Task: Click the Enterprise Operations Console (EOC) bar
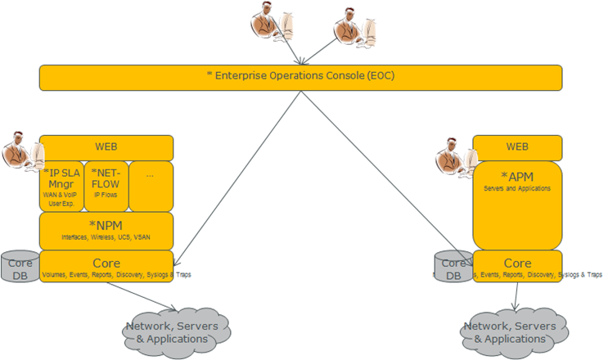tap(300, 77)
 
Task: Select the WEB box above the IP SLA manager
tap(106, 147)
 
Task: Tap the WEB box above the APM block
tap(517, 147)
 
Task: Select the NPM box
tap(106, 230)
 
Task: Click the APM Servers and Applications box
tap(517, 205)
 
